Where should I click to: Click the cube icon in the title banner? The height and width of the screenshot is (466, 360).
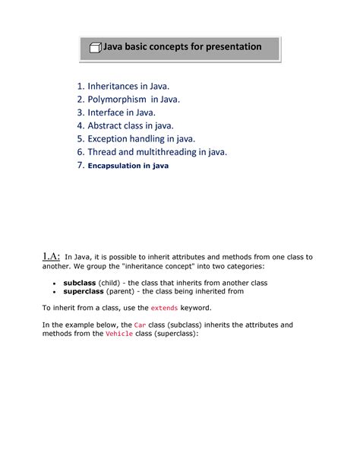(x=96, y=48)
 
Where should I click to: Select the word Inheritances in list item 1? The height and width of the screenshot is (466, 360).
(x=118, y=85)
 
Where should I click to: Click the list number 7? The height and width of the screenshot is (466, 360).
(x=81, y=164)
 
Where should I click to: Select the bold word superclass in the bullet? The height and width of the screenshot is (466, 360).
(x=84, y=290)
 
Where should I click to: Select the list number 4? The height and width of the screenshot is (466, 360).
(x=81, y=125)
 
